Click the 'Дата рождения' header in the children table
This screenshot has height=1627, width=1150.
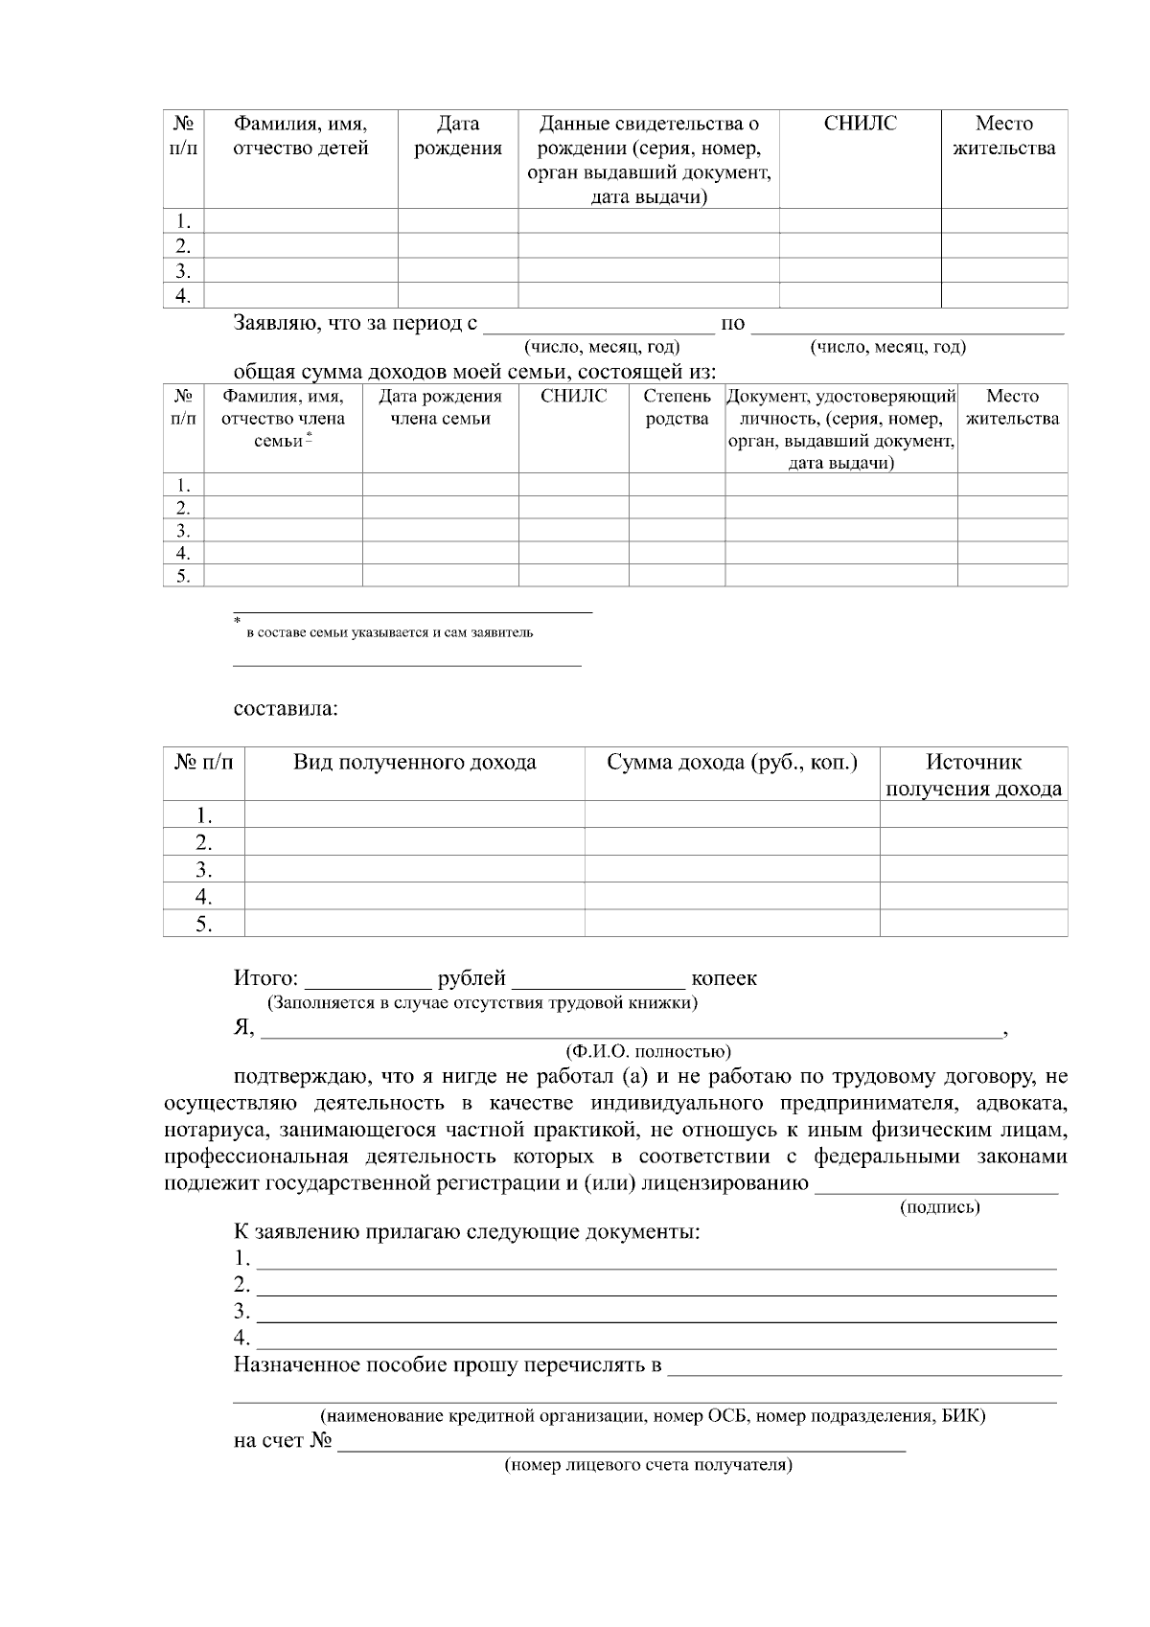coord(457,136)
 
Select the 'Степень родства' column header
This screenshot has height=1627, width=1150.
coord(677,407)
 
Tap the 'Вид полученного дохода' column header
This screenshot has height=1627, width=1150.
coord(414,763)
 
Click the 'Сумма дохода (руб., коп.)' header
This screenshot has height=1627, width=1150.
coord(731,763)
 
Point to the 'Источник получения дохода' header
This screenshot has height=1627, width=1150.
coord(973,775)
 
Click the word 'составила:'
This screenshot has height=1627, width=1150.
coord(285,710)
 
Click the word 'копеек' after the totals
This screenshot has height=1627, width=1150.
coord(724,978)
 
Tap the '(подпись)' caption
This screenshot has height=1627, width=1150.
coord(939,1207)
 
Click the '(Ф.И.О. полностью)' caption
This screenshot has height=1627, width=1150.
coord(649,1051)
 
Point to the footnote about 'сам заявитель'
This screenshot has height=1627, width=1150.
coord(390,632)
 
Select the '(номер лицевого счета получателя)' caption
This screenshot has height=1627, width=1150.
coord(648,1465)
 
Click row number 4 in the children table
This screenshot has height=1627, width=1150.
coord(183,295)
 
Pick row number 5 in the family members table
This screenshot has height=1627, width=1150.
coord(183,576)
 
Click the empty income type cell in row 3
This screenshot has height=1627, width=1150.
coord(414,870)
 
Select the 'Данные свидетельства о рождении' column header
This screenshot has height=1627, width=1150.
coord(649,160)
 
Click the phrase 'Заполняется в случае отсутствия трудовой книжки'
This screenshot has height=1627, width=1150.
coord(482,1003)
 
